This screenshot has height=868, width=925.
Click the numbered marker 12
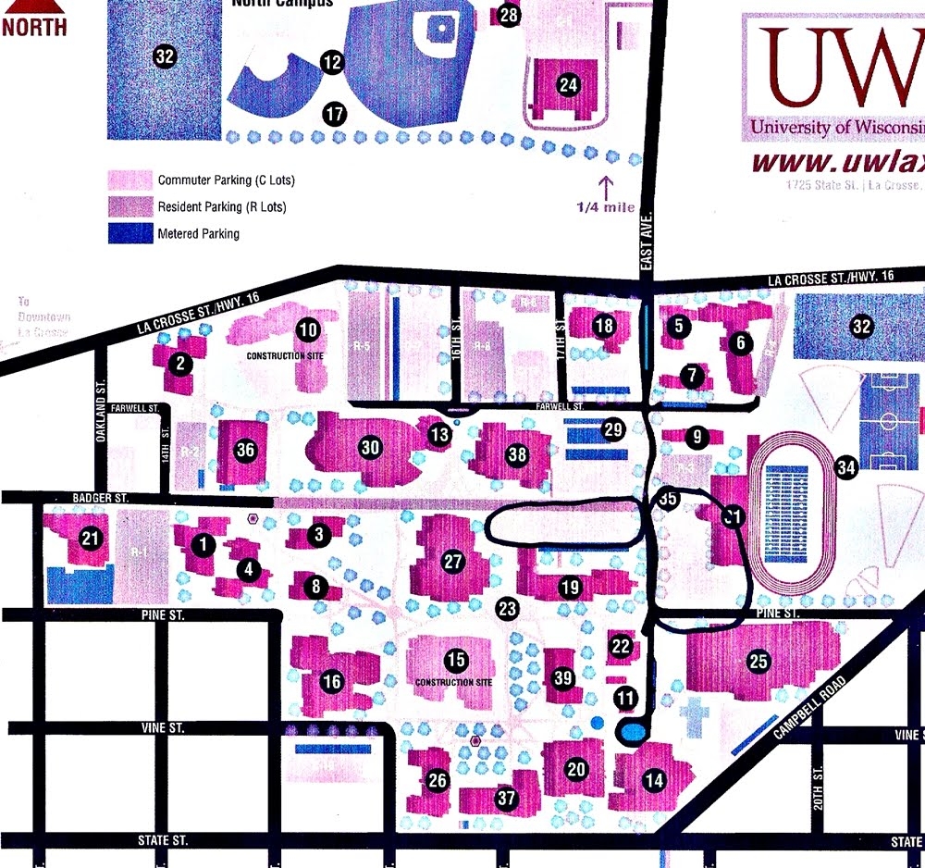[x=331, y=63]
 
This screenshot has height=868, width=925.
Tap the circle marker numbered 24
[x=568, y=85]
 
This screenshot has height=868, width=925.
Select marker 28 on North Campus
[x=509, y=15]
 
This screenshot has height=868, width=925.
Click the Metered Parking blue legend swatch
[x=130, y=233]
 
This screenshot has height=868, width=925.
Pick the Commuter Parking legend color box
[x=130, y=180]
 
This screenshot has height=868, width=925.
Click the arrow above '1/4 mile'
[x=607, y=187]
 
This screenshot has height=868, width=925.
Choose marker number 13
[x=439, y=432]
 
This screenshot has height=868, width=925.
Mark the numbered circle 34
[x=845, y=468]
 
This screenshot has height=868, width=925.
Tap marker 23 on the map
[x=507, y=608]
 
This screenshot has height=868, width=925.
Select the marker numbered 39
[x=562, y=678]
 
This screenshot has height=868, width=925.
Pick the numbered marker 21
[x=90, y=539]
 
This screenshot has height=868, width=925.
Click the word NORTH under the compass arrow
[x=34, y=25]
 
